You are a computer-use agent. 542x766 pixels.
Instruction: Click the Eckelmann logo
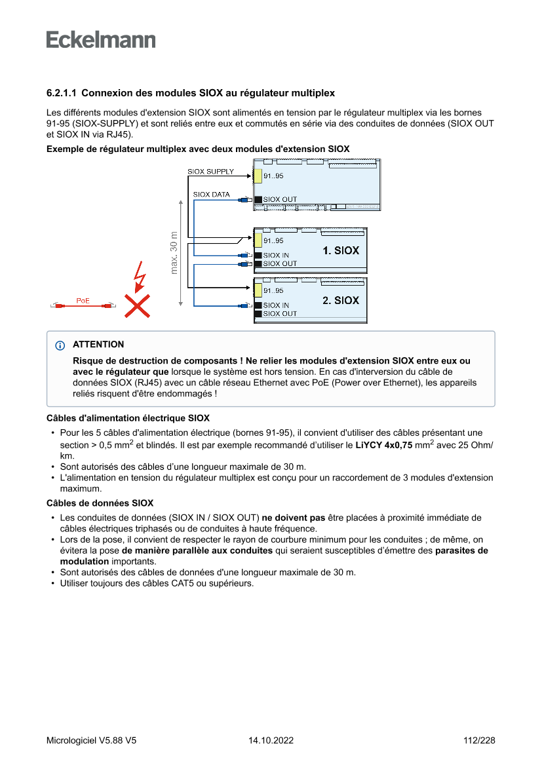tap(101, 39)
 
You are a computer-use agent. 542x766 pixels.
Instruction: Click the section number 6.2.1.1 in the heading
tap(62, 94)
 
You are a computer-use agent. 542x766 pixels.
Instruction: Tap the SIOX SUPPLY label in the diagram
tap(210, 172)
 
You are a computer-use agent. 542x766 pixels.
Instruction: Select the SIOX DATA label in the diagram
tap(211, 195)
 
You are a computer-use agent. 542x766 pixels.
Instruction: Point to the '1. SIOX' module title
tap(341, 250)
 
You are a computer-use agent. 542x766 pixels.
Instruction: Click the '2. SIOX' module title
tap(341, 300)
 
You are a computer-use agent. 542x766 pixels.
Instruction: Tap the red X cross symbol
tap(136, 305)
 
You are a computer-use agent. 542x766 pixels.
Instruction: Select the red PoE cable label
tap(83, 301)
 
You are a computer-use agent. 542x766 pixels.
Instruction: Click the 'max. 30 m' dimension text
tap(174, 252)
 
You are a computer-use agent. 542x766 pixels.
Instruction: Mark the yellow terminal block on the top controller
tap(258, 176)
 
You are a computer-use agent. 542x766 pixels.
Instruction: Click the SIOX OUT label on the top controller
tap(280, 199)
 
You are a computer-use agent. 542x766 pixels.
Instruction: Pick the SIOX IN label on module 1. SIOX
tap(276, 256)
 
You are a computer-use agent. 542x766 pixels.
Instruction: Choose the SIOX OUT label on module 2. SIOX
tap(280, 314)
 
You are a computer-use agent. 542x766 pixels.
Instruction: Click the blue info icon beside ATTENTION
tap(60, 345)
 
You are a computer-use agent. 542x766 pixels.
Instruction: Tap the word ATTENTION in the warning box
tap(98, 345)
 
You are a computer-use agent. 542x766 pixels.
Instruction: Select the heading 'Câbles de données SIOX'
tap(100, 503)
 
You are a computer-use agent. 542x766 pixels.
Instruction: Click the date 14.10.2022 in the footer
tap(271, 740)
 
